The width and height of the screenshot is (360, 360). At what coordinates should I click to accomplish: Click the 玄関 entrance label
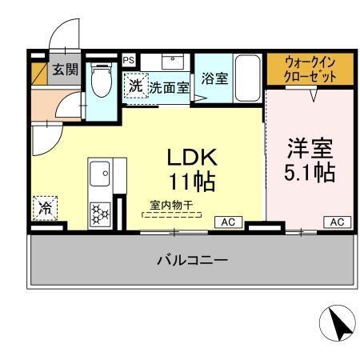pyautogui.click(x=66, y=70)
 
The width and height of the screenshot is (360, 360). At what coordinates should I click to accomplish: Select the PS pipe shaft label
pyautogui.click(x=128, y=59)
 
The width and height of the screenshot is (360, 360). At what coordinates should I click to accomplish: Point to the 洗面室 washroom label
pyautogui.click(x=169, y=87)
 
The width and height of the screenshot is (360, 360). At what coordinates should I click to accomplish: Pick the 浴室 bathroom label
pyautogui.click(x=214, y=78)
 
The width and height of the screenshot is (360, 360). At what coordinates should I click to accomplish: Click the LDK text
pyautogui.click(x=191, y=157)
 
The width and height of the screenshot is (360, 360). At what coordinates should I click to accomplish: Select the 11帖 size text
pyautogui.click(x=191, y=181)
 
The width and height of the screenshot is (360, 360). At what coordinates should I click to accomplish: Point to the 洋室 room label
pyautogui.click(x=309, y=149)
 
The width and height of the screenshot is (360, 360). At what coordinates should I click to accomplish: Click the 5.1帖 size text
pyautogui.click(x=309, y=172)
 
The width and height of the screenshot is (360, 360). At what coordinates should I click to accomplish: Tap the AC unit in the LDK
pyautogui.click(x=227, y=222)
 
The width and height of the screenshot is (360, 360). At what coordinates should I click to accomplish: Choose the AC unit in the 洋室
pyautogui.click(x=337, y=222)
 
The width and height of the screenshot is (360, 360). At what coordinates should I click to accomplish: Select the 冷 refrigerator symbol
pyautogui.click(x=45, y=210)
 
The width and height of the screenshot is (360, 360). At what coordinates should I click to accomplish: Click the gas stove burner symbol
pyautogui.click(x=101, y=213)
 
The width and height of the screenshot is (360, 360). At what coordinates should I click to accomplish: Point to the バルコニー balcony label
pyautogui.click(x=191, y=260)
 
